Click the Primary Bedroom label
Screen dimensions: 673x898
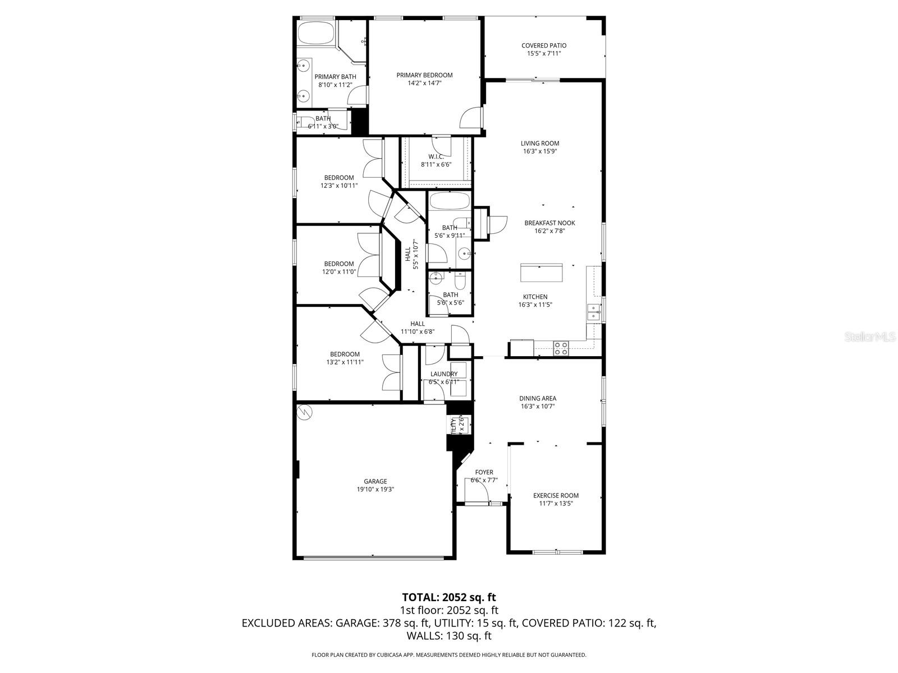pyautogui.click(x=424, y=75)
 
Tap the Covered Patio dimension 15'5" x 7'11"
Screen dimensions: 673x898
pyautogui.click(x=543, y=54)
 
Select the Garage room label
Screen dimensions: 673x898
pyautogui.click(x=375, y=481)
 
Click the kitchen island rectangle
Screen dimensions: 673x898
pyautogui.click(x=542, y=273)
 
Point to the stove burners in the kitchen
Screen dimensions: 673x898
pyautogui.click(x=561, y=348)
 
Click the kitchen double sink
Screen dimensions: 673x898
pyautogui.click(x=593, y=312)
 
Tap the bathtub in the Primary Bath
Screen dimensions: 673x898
pyautogui.click(x=316, y=33)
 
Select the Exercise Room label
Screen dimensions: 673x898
pyautogui.click(x=556, y=495)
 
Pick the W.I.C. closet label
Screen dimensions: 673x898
pyautogui.click(x=436, y=156)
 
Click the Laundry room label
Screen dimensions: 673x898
pyautogui.click(x=444, y=374)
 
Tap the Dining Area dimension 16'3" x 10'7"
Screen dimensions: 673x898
pyautogui.click(x=538, y=407)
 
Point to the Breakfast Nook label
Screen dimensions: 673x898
pyautogui.click(x=549, y=223)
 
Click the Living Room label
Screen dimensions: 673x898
pyautogui.click(x=540, y=143)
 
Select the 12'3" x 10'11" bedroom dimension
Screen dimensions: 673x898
pyautogui.click(x=339, y=186)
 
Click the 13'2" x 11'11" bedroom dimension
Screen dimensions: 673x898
pyautogui.click(x=345, y=362)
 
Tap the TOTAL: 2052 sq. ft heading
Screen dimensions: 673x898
pyautogui.click(x=448, y=597)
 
